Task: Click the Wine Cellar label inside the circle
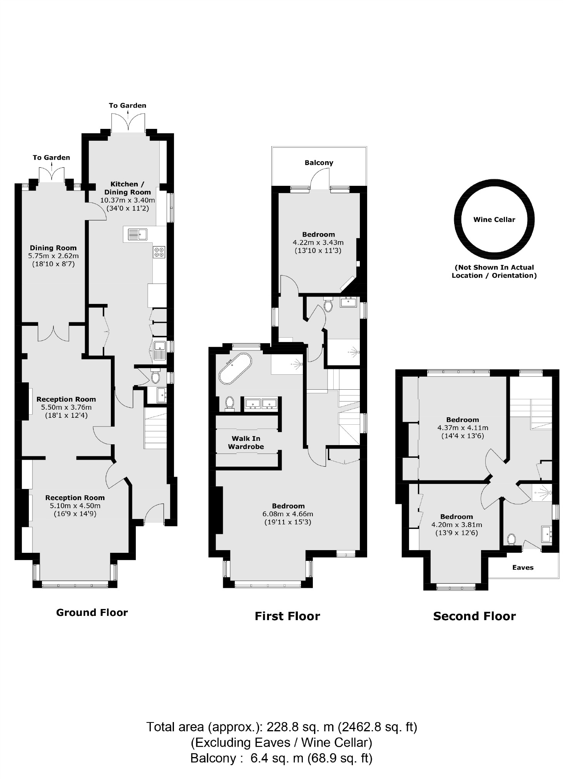(x=494, y=220)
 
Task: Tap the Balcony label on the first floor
(x=319, y=163)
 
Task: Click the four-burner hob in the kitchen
(x=159, y=252)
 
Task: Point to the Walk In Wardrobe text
(x=246, y=442)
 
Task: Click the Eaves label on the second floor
(x=523, y=567)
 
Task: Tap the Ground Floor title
(x=92, y=612)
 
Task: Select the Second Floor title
(x=474, y=616)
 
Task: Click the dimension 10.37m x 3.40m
(x=127, y=200)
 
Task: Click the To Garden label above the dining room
(x=51, y=157)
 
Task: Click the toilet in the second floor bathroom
(x=511, y=539)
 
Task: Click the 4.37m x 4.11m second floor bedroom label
(x=463, y=428)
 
